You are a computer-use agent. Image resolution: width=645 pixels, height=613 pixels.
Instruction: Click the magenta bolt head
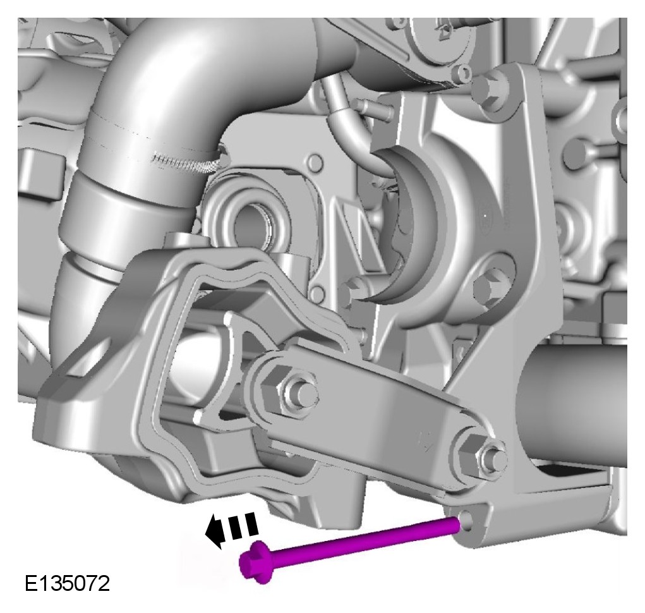(254, 562)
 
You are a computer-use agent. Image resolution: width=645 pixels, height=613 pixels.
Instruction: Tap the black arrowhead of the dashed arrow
(214, 532)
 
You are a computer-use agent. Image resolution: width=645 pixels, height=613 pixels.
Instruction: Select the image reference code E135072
(68, 583)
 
